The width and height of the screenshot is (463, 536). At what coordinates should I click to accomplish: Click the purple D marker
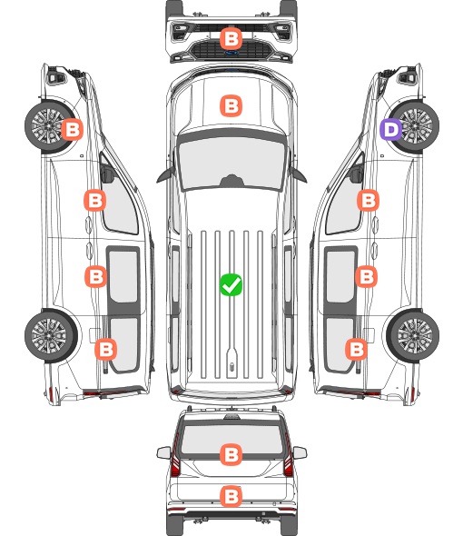[x=391, y=130]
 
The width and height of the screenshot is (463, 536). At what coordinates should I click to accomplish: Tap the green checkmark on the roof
[x=231, y=284]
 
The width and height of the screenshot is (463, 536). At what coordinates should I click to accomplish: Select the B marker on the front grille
[x=231, y=39]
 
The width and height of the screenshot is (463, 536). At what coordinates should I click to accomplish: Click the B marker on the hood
[x=231, y=105]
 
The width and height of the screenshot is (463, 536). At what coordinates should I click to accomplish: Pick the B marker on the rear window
[x=231, y=454]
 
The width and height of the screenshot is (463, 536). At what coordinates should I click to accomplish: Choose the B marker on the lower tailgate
[x=231, y=496]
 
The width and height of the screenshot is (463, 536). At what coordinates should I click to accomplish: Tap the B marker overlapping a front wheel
[x=72, y=129]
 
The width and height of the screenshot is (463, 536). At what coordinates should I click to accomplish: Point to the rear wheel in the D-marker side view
[x=413, y=336]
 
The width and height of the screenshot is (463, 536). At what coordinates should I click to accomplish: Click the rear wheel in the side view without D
[x=51, y=335]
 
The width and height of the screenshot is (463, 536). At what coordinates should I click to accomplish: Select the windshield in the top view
[x=231, y=164]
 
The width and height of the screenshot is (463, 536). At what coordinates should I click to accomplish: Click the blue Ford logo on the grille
[x=231, y=53]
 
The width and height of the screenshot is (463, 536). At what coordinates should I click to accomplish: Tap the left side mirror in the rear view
[x=163, y=452]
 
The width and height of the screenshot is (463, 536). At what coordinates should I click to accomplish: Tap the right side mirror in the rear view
[x=300, y=452]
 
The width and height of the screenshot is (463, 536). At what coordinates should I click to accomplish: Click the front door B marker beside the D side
[x=368, y=200]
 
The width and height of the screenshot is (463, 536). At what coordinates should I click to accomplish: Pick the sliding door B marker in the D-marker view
[x=366, y=276]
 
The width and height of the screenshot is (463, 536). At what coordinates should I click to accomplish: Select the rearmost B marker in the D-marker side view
[x=357, y=350]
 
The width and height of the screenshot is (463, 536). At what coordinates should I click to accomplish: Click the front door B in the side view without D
[x=95, y=200]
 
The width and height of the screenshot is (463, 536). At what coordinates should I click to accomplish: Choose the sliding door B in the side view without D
[x=95, y=276]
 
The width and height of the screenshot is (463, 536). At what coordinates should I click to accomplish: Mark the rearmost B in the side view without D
[x=106, y=350]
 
